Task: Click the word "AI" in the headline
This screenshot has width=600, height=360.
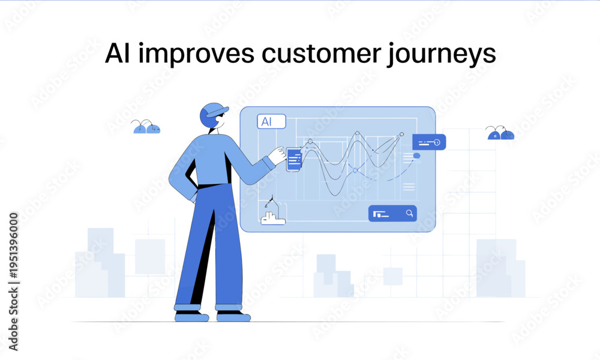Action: tap(117, 53)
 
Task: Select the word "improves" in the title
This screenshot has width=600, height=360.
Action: tap(196, 55)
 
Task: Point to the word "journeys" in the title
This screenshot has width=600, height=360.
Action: tap(442, 55)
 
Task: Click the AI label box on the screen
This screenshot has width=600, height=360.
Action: tap(271, 122)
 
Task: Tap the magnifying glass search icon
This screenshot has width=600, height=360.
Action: tap(409, 213)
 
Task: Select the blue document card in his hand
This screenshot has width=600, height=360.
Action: tap(294, 160)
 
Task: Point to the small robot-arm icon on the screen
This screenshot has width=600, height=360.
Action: tap(272, 211)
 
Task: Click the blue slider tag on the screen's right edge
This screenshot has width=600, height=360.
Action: tap(429, 142)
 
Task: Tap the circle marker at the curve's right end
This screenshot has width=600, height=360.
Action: tap(402, 134)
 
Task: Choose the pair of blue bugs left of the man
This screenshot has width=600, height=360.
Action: tap(146, 127)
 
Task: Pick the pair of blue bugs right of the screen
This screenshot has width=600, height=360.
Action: tap(500, 133)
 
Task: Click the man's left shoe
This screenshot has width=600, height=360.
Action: tap(192, 317)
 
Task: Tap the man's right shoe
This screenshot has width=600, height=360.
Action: tap(233, 317)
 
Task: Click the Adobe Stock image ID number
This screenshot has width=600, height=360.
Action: tap(13, 245)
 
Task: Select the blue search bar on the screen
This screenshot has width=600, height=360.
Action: tap(392, 214)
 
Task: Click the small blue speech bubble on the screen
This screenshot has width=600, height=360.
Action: tap(417, 156)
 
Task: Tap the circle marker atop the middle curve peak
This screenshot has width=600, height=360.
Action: tap(358, 134)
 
